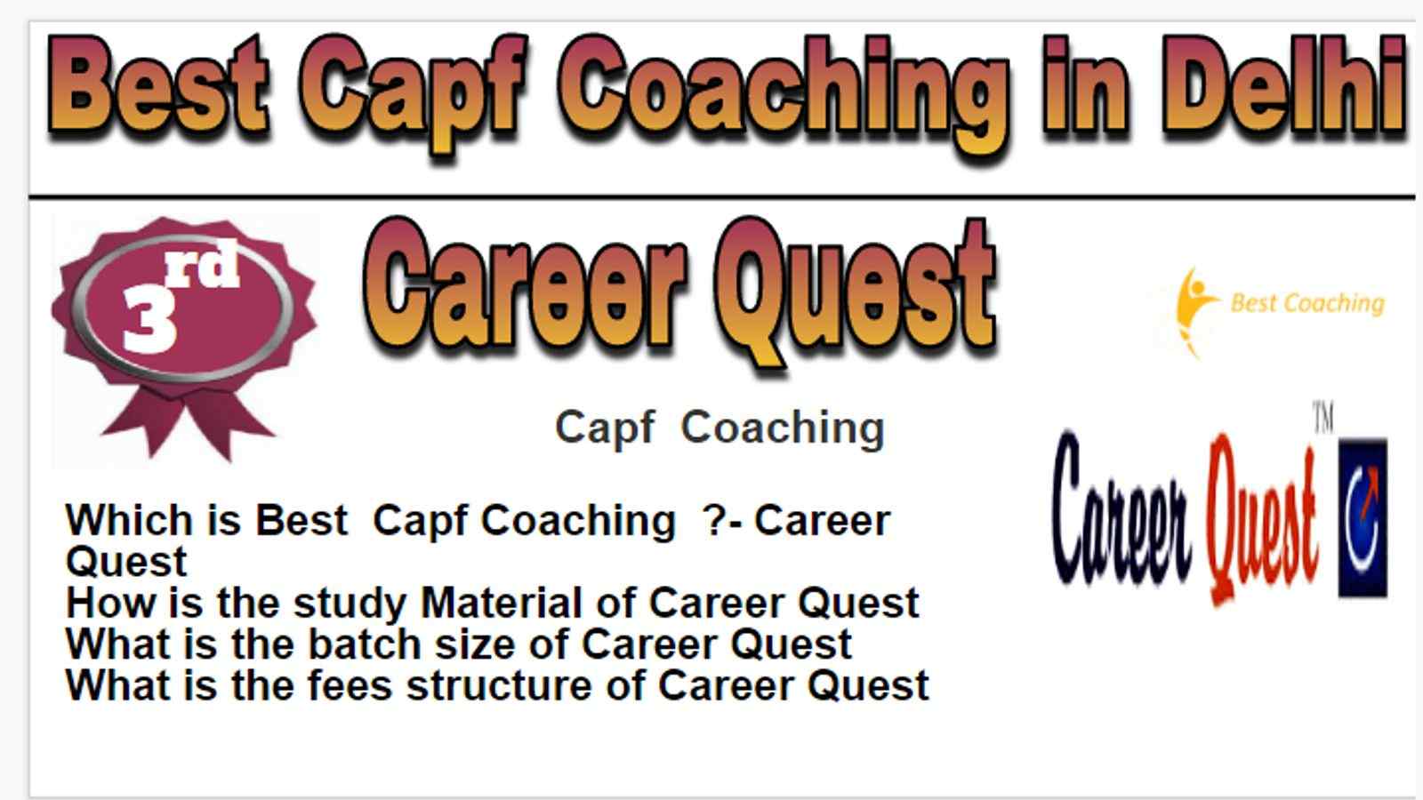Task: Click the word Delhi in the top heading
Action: pyautogui.click(x=1284, y=84)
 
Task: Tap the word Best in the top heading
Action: pyautogui.click(x=159, y=84)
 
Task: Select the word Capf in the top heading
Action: pyautogui.click(x=413, y=92)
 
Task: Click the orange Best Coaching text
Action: pyautogui.click(x=1307, y=303)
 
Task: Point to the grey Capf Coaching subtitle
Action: pyautogui.click(x=720, y=428)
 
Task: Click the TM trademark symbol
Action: pyautogui.click(x=1323, y=418)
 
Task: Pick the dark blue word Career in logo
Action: pyautogui.click(x=1121, y=508)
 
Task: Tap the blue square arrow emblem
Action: pyautogui.click(x=1363, y=517)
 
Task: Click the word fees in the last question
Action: pyautogui.click(x=350, y=685)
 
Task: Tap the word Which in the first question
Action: pyautogui.click(x=129, y=521)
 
